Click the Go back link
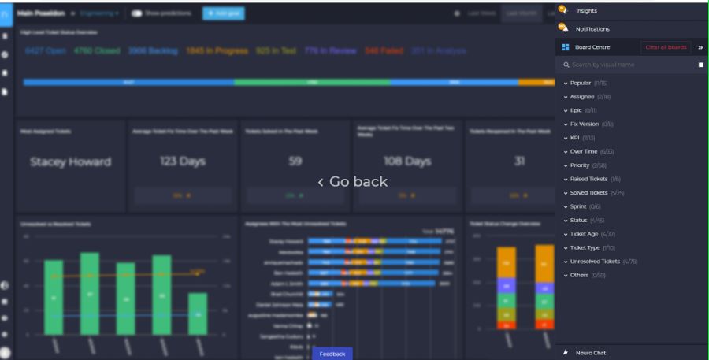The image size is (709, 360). click(353, 182)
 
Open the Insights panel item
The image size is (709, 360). click(586, 11)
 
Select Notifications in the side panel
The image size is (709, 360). click(592, 29)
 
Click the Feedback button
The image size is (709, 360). click(332, 354)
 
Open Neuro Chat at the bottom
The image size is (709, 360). click(590, 353)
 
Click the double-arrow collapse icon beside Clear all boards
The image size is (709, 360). click(700, 47)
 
